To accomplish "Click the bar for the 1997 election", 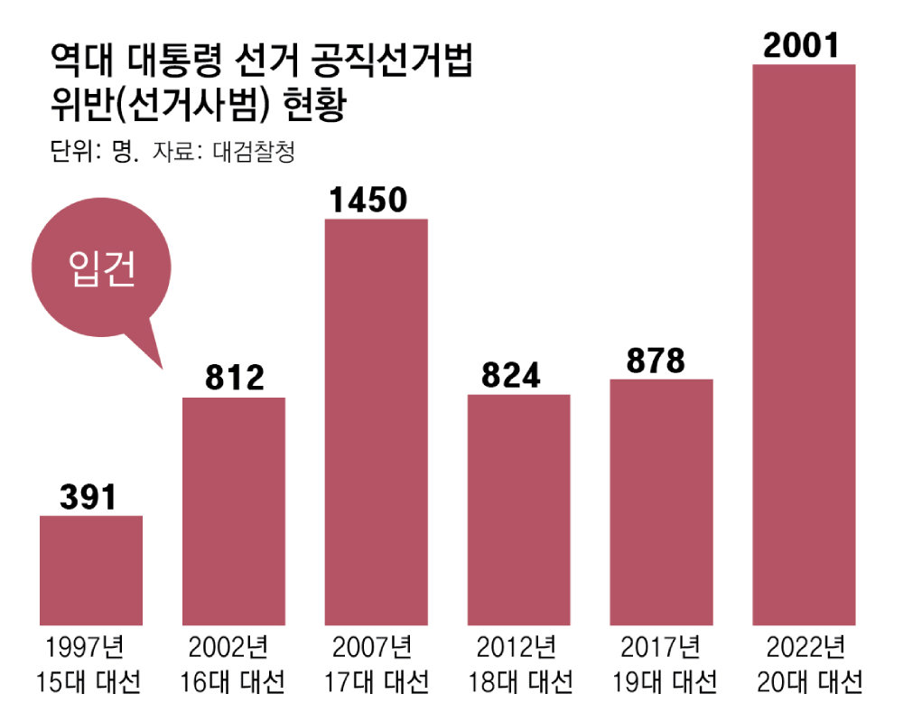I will pos(91,569).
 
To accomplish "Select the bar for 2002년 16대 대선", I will pos(234,511).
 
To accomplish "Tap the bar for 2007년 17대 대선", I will pos(376,421).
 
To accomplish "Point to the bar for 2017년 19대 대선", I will pos(661,502).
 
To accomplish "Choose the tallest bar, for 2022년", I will pos(804,343).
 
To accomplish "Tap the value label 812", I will pos(234,378).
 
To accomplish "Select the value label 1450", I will pos(376,200).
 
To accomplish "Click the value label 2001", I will pos(803,45).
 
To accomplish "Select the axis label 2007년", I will pos(372,648).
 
